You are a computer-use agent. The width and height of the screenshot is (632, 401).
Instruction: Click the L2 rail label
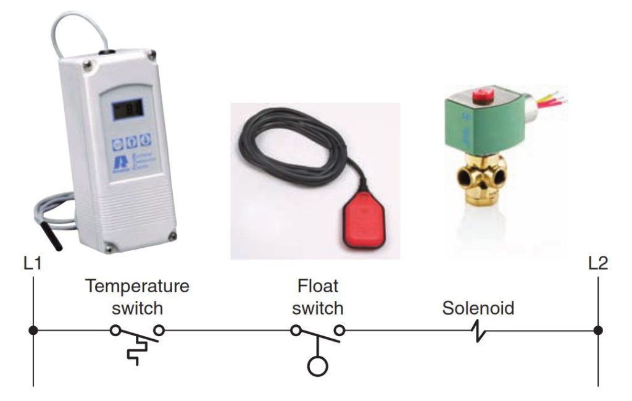[598, 264]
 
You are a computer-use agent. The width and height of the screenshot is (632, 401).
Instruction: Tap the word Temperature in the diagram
[137, 287]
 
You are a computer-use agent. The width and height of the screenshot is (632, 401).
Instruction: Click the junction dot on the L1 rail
[33, 331]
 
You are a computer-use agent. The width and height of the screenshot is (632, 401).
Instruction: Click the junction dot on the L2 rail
[598, 331]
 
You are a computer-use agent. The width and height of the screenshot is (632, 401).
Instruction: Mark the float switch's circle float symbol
[318, 366]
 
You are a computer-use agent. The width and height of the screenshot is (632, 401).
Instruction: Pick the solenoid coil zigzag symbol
[478, 332]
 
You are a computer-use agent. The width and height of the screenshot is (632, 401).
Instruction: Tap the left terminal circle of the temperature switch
[115, 331]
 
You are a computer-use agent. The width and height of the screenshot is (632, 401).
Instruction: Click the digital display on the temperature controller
[127, 110]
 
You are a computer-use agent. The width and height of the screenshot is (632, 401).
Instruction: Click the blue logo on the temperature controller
[117, 164]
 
